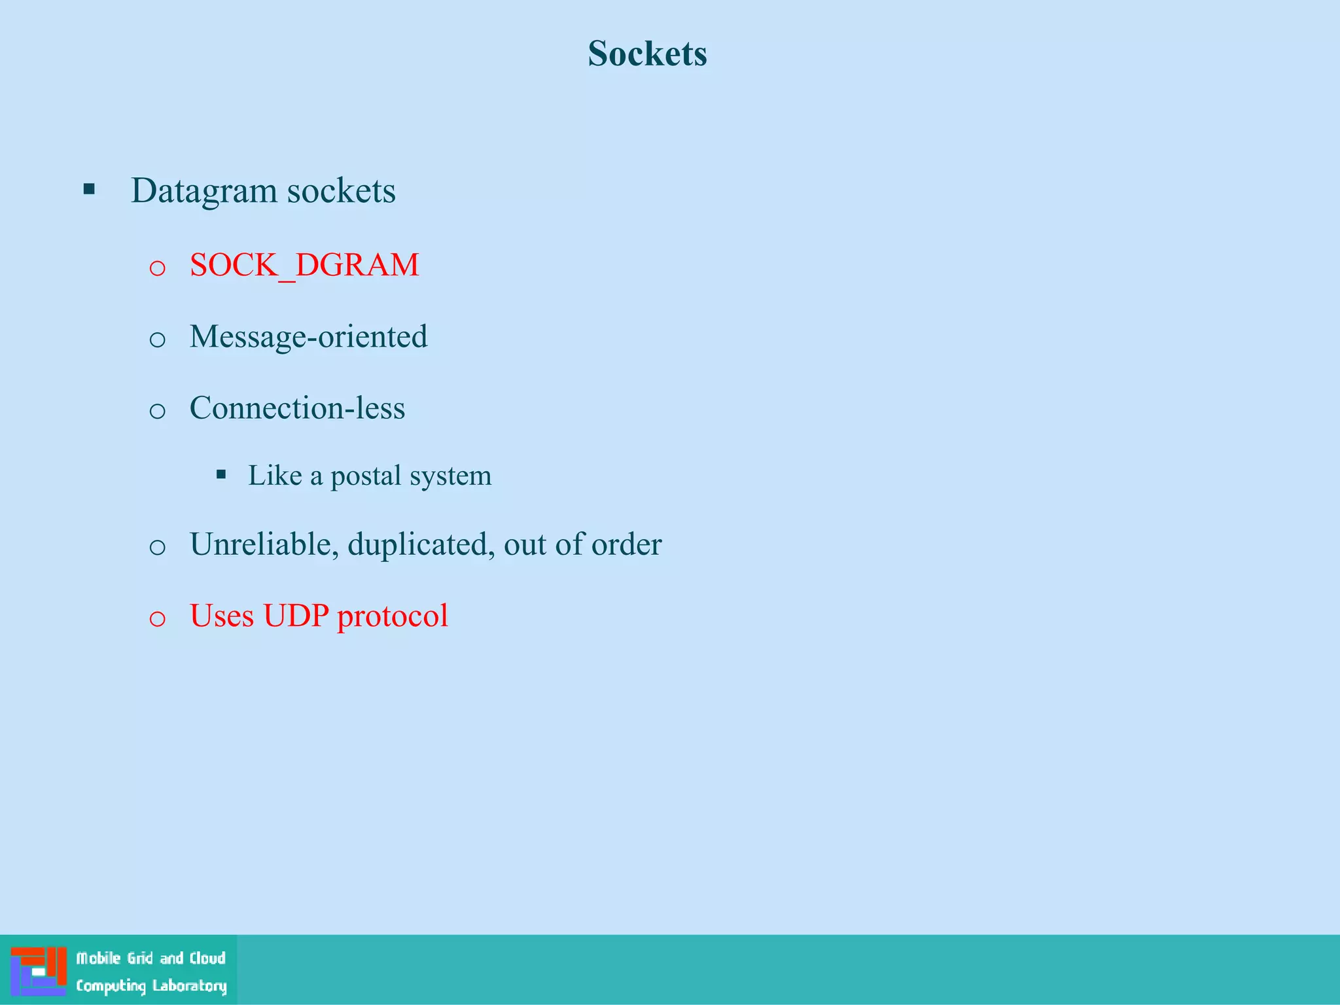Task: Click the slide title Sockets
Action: [x=647, y=53]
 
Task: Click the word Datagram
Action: [x=204, y=191]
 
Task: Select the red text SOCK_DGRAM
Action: [x=304, y=265]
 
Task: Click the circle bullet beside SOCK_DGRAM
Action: [x=157, y=268]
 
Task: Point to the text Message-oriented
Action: [x=308, y=337]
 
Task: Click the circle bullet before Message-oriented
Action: [x=157, y=340]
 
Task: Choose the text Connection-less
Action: [x=297, y=408]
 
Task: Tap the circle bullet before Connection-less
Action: [x=157, y=411]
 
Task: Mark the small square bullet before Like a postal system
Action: [x=221, y=475]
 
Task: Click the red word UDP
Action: [x=296, y=616]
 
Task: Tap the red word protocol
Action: [x=392, y=616]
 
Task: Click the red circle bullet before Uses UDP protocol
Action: [x=157, y=618]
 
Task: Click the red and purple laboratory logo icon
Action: [x=39, y=971]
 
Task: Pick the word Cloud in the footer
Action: [x=207, y=959]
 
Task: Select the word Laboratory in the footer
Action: [x=189, y=986]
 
